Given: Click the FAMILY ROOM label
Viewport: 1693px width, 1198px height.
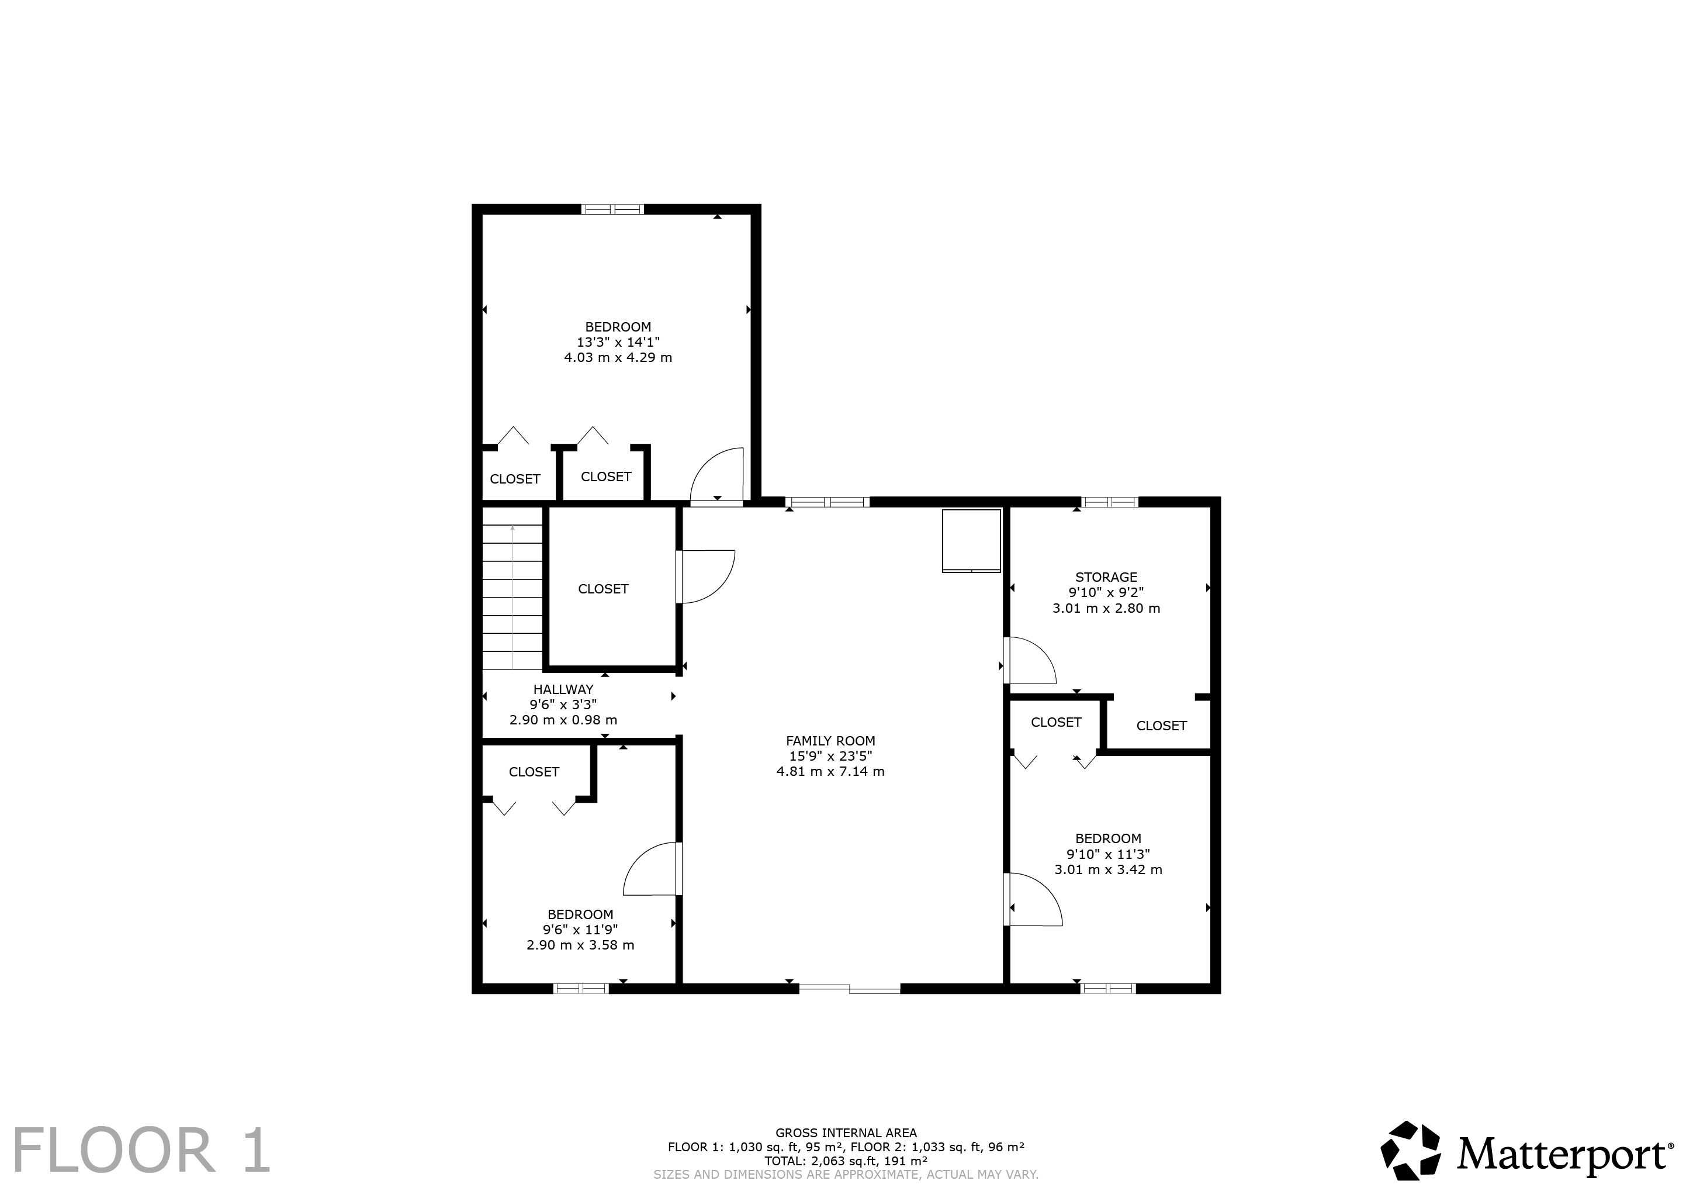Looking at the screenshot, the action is (830, 741).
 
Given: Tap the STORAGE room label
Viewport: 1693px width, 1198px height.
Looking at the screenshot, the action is (1106, 577).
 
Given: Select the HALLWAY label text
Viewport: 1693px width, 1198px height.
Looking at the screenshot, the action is (563, 689).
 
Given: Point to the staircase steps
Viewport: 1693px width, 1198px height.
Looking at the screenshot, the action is (513, 597).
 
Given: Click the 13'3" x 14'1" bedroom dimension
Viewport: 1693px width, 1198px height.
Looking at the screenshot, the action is (618, 342).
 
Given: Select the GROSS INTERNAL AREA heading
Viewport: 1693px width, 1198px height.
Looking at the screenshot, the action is (846, 1133).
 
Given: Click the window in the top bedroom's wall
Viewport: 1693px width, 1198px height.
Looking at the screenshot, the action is (613, 209).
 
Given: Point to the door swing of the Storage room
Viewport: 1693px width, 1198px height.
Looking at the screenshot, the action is (1031, 660).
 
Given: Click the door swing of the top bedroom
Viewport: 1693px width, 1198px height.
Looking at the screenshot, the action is (716, 477).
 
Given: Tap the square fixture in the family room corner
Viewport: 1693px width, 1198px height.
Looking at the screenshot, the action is (971, 541).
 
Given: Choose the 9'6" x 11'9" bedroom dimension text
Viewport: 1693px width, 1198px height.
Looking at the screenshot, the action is (580, 930).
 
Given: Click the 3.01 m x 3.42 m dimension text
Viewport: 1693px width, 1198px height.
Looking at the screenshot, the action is (1108, 869).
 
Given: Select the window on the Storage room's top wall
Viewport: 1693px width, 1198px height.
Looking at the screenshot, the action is (1110, 502).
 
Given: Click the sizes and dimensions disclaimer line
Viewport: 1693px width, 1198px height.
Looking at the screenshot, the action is (846, 1173).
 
